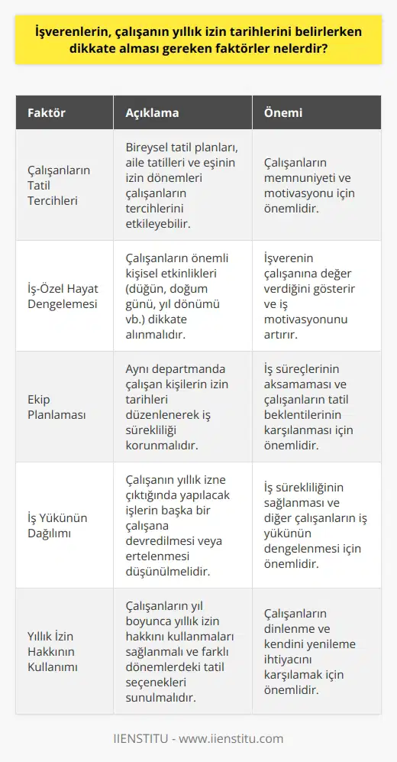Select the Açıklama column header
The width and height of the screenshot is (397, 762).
(x=153, y=113)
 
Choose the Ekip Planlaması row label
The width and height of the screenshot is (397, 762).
(x=55, y=406)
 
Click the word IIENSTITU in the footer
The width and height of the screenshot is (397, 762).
(x=142, y=738)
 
